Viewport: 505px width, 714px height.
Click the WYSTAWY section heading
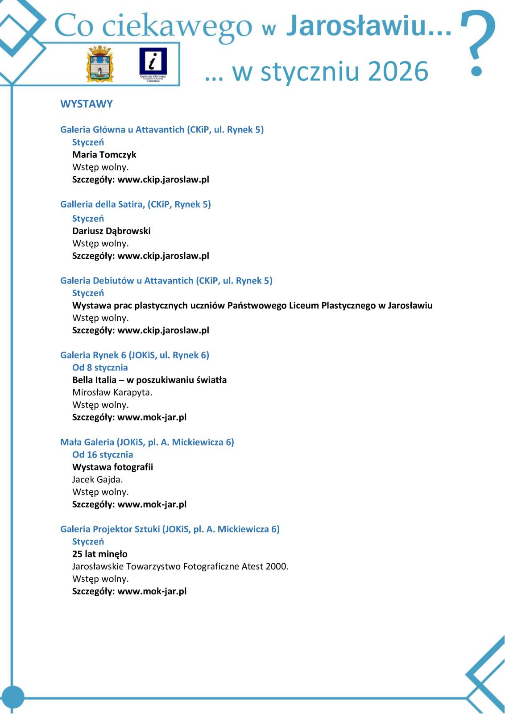87,104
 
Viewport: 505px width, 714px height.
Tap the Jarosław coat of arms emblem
100,64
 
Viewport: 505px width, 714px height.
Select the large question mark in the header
478,42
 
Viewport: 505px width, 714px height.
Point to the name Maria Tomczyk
104,155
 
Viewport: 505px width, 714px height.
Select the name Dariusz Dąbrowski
111,231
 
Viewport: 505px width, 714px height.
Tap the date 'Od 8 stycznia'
100,368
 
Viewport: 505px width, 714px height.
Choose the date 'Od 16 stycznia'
103,455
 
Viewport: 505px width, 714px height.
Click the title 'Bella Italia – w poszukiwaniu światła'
149,380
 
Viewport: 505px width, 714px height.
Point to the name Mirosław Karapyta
112,393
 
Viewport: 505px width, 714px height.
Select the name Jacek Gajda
97,480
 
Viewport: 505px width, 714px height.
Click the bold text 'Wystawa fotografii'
112,467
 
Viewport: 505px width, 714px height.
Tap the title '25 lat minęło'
99,554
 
